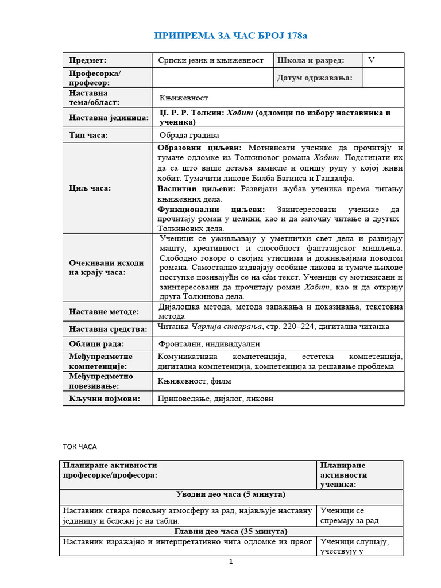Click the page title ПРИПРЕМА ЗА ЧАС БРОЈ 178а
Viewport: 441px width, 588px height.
click(230, 36)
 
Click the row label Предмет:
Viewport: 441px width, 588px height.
click(88, 60)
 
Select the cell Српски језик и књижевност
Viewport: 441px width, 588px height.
click(211, 60)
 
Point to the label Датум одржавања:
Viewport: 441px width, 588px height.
click(315, 78)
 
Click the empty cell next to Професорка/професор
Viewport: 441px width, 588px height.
click(211, 78)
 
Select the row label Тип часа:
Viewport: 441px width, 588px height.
click(88, 136)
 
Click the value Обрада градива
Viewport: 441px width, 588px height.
click(189, 136)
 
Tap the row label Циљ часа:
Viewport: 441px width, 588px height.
click(90, 188)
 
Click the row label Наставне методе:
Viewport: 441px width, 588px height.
click(104, 312)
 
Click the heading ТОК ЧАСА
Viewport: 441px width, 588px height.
click(80, 446)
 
